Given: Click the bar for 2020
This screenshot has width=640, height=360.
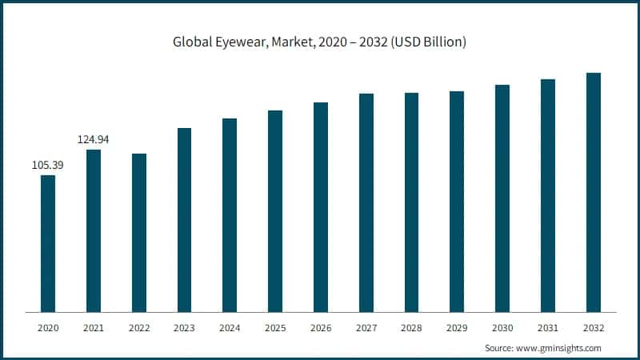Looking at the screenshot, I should pos(48,243).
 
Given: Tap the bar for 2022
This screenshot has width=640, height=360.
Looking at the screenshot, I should pos(139,233).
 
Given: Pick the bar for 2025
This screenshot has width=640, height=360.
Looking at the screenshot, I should pos(275,211).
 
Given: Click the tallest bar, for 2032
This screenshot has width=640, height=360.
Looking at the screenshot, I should pos(594,192).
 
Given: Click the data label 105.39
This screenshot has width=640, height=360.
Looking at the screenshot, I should pos(48,165).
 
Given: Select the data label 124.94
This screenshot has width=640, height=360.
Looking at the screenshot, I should pos(94,140).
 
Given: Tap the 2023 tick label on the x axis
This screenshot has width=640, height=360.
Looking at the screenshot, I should pos(184,328).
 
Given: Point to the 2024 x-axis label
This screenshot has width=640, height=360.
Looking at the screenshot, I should pos(230,328).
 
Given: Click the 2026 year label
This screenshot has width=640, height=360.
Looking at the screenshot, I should pos(321,328).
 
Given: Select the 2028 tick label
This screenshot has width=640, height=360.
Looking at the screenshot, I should pos(411,328).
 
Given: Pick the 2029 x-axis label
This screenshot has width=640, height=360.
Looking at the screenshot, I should pos(457,328).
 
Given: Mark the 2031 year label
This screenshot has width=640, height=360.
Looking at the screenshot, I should pos(548,328).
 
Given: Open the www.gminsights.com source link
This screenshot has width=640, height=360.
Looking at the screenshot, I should pos(558,348).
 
